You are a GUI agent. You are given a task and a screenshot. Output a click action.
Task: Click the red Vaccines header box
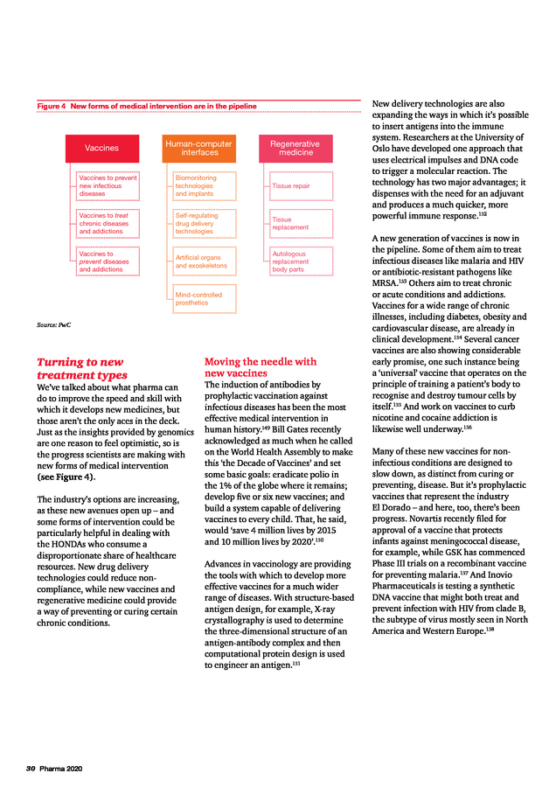coord(102,148)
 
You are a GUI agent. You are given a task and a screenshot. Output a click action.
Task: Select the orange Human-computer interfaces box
coord(200,148)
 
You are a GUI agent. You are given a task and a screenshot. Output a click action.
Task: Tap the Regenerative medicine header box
coord(295,148)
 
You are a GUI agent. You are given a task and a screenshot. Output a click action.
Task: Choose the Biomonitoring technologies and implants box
coord(205,185)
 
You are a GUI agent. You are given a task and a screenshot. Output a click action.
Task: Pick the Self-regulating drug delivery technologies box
coord(205,223)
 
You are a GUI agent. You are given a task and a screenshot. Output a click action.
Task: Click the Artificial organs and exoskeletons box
coord(205,261)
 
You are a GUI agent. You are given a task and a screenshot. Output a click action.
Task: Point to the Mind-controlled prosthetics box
coord(205,299)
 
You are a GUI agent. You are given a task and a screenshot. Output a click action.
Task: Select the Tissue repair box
coord(301,185)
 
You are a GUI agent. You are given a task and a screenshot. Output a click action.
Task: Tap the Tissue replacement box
coord(301,223)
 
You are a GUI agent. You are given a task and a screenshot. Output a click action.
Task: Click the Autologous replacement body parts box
coord(301,261)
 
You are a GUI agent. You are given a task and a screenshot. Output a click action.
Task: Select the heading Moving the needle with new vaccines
coord(261,367)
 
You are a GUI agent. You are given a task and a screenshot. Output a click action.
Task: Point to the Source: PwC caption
coord(54,325)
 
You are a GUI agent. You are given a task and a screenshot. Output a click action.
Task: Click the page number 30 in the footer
coord(30,769)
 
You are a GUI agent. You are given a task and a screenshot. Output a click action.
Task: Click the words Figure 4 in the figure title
coord(52,107)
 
